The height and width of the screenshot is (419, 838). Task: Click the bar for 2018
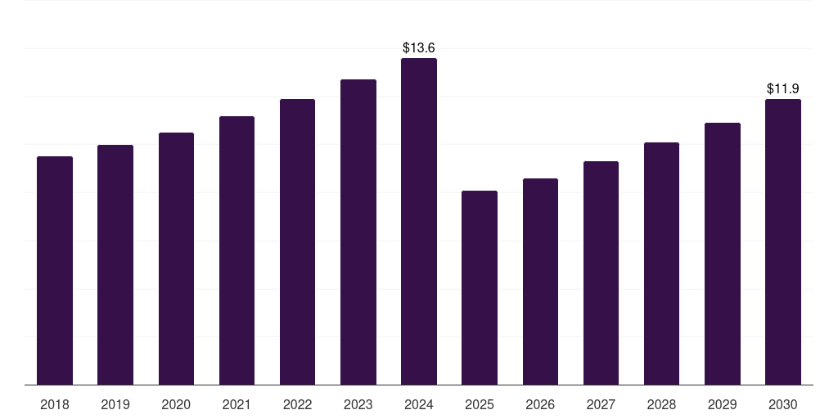click(x=55, y=270)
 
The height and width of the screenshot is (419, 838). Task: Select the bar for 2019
click(x=115, y=264)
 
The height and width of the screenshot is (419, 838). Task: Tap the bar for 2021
click(x=237, y=250)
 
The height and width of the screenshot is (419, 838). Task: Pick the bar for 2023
click(x=358, y=232)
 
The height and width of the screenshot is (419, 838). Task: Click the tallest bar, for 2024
click(x=419, y=221)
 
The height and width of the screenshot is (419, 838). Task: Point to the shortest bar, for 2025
click(x=480, y=287)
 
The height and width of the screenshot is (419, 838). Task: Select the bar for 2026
click(x=540, y=282)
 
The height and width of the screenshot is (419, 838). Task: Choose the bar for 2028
click(x=661, y=264)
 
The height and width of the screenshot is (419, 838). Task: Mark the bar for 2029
click(x=723, y=254)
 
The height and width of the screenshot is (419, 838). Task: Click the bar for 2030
click(x=783, y=241)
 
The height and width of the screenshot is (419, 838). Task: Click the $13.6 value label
click(x=419, y=48)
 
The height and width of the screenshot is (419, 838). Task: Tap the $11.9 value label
click(x=783, y=88)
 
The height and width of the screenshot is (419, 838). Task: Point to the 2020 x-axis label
click(x=176, y=404)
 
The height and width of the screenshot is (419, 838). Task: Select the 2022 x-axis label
click(x=297, y=404)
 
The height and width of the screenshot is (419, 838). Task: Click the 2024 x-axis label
click(x=419, y=404)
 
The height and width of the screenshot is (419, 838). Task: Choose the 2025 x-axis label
click(x=480, y=404)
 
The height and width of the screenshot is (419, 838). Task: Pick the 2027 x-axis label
click(x=601, y=404)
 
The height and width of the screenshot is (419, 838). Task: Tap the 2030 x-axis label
click(x=783, y=404)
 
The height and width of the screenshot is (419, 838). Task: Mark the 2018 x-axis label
click(x=55, y=404)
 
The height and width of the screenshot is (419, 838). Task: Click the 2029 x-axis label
click(x=723, y=404)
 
